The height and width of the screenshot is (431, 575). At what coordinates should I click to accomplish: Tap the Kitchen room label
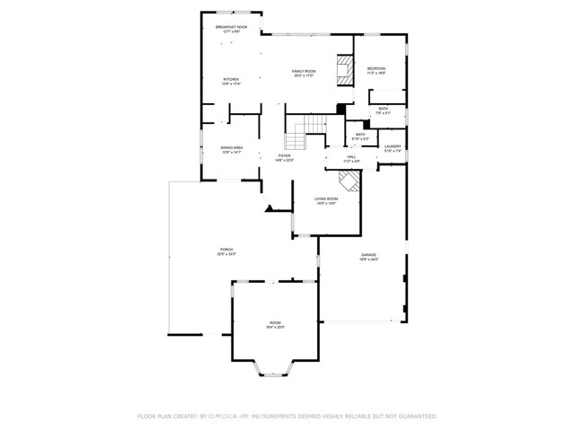click(x=231, y=79)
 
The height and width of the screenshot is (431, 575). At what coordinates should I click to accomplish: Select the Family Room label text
click(x=304, y=71)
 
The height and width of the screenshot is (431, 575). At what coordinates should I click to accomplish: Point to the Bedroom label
click(x=376, y=69)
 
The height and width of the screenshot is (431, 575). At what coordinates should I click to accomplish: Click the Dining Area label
click(x=233, y=148)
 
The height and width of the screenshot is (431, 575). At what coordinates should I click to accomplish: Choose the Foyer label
click(x=284, y=156)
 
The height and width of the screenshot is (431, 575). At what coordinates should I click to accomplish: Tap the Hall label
click(x=352, y=156)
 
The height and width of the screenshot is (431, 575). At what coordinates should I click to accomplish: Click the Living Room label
click(x=325, y=198)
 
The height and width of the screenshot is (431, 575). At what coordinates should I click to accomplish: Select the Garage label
click(x=369, y=255)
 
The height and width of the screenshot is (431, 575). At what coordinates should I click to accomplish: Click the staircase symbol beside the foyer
click(x=297, y=135)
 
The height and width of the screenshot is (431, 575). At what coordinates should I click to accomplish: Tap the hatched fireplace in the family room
click(x=344, y=71)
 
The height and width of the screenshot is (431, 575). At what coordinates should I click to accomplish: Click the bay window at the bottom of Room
click(x=273, y=368)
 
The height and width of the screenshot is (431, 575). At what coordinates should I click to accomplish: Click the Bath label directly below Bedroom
click(x=383, y=110)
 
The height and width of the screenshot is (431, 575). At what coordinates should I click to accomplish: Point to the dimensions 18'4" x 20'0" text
click(x=274, y=328)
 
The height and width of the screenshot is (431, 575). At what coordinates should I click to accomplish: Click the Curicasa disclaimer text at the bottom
click(x=287, y=417)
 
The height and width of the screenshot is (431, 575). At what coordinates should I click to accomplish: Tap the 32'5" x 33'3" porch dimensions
click(x=226, y=254)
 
